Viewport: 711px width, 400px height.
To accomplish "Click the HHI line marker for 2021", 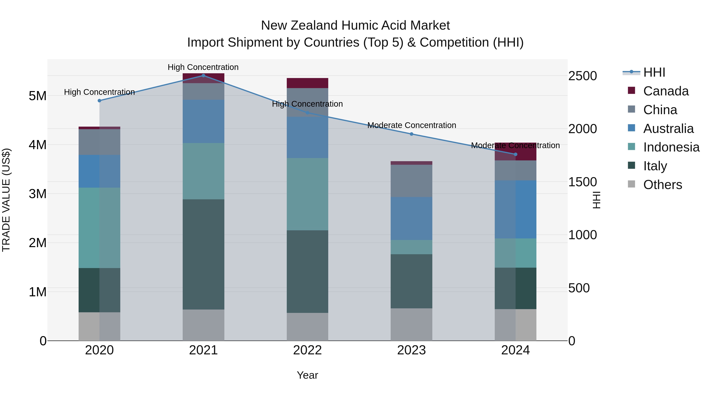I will click(203, 75).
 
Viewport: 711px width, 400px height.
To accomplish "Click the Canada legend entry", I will click(666, 91).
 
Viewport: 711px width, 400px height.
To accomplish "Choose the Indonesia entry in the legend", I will click(671, 147).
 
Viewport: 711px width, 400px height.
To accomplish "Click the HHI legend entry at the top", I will click(654, 72).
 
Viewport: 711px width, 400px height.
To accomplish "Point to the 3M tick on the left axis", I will click(38, 194).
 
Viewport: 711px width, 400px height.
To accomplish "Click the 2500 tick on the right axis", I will click(582, 76).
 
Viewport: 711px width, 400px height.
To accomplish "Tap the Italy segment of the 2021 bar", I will click(203, 254).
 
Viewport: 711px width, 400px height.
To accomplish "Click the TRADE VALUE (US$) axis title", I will click(6, 200).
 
